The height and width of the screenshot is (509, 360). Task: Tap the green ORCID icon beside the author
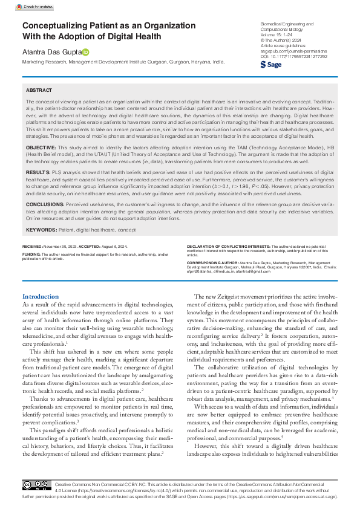pos(85,52)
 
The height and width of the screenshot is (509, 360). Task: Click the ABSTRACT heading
pos(39,89)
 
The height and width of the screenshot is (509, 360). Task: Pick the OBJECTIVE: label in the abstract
pos(42,148)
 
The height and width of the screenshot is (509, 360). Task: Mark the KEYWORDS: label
pos(41,230)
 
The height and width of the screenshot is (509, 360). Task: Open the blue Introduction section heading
pos(41,296)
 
